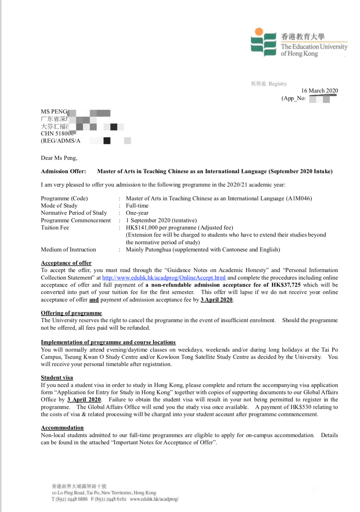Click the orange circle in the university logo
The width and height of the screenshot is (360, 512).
point(259,32)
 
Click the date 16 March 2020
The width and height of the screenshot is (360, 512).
point(319,91)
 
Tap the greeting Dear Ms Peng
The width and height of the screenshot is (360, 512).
point(59,158)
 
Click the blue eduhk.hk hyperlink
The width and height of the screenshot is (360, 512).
point(164,278)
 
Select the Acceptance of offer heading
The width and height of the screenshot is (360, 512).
point(66,263)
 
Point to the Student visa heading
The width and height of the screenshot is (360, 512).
point(57,377)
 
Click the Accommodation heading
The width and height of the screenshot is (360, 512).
point(62,428)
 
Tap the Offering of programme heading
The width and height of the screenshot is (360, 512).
point(71,313)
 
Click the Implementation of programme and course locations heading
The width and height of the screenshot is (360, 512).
point(108,342)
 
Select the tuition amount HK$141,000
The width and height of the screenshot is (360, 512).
point(142,228)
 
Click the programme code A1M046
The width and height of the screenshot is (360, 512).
point(299,198)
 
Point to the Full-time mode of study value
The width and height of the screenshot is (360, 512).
point(137,206)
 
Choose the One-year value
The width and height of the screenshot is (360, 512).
point(137,213)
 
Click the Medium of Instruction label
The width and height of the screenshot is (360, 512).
point(68,249)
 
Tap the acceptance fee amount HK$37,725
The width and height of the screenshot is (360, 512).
point(286,285)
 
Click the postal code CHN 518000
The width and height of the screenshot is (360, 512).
point(57,133)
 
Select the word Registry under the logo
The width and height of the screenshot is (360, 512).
point(277,84)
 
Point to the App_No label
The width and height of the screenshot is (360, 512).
point(294,98)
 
